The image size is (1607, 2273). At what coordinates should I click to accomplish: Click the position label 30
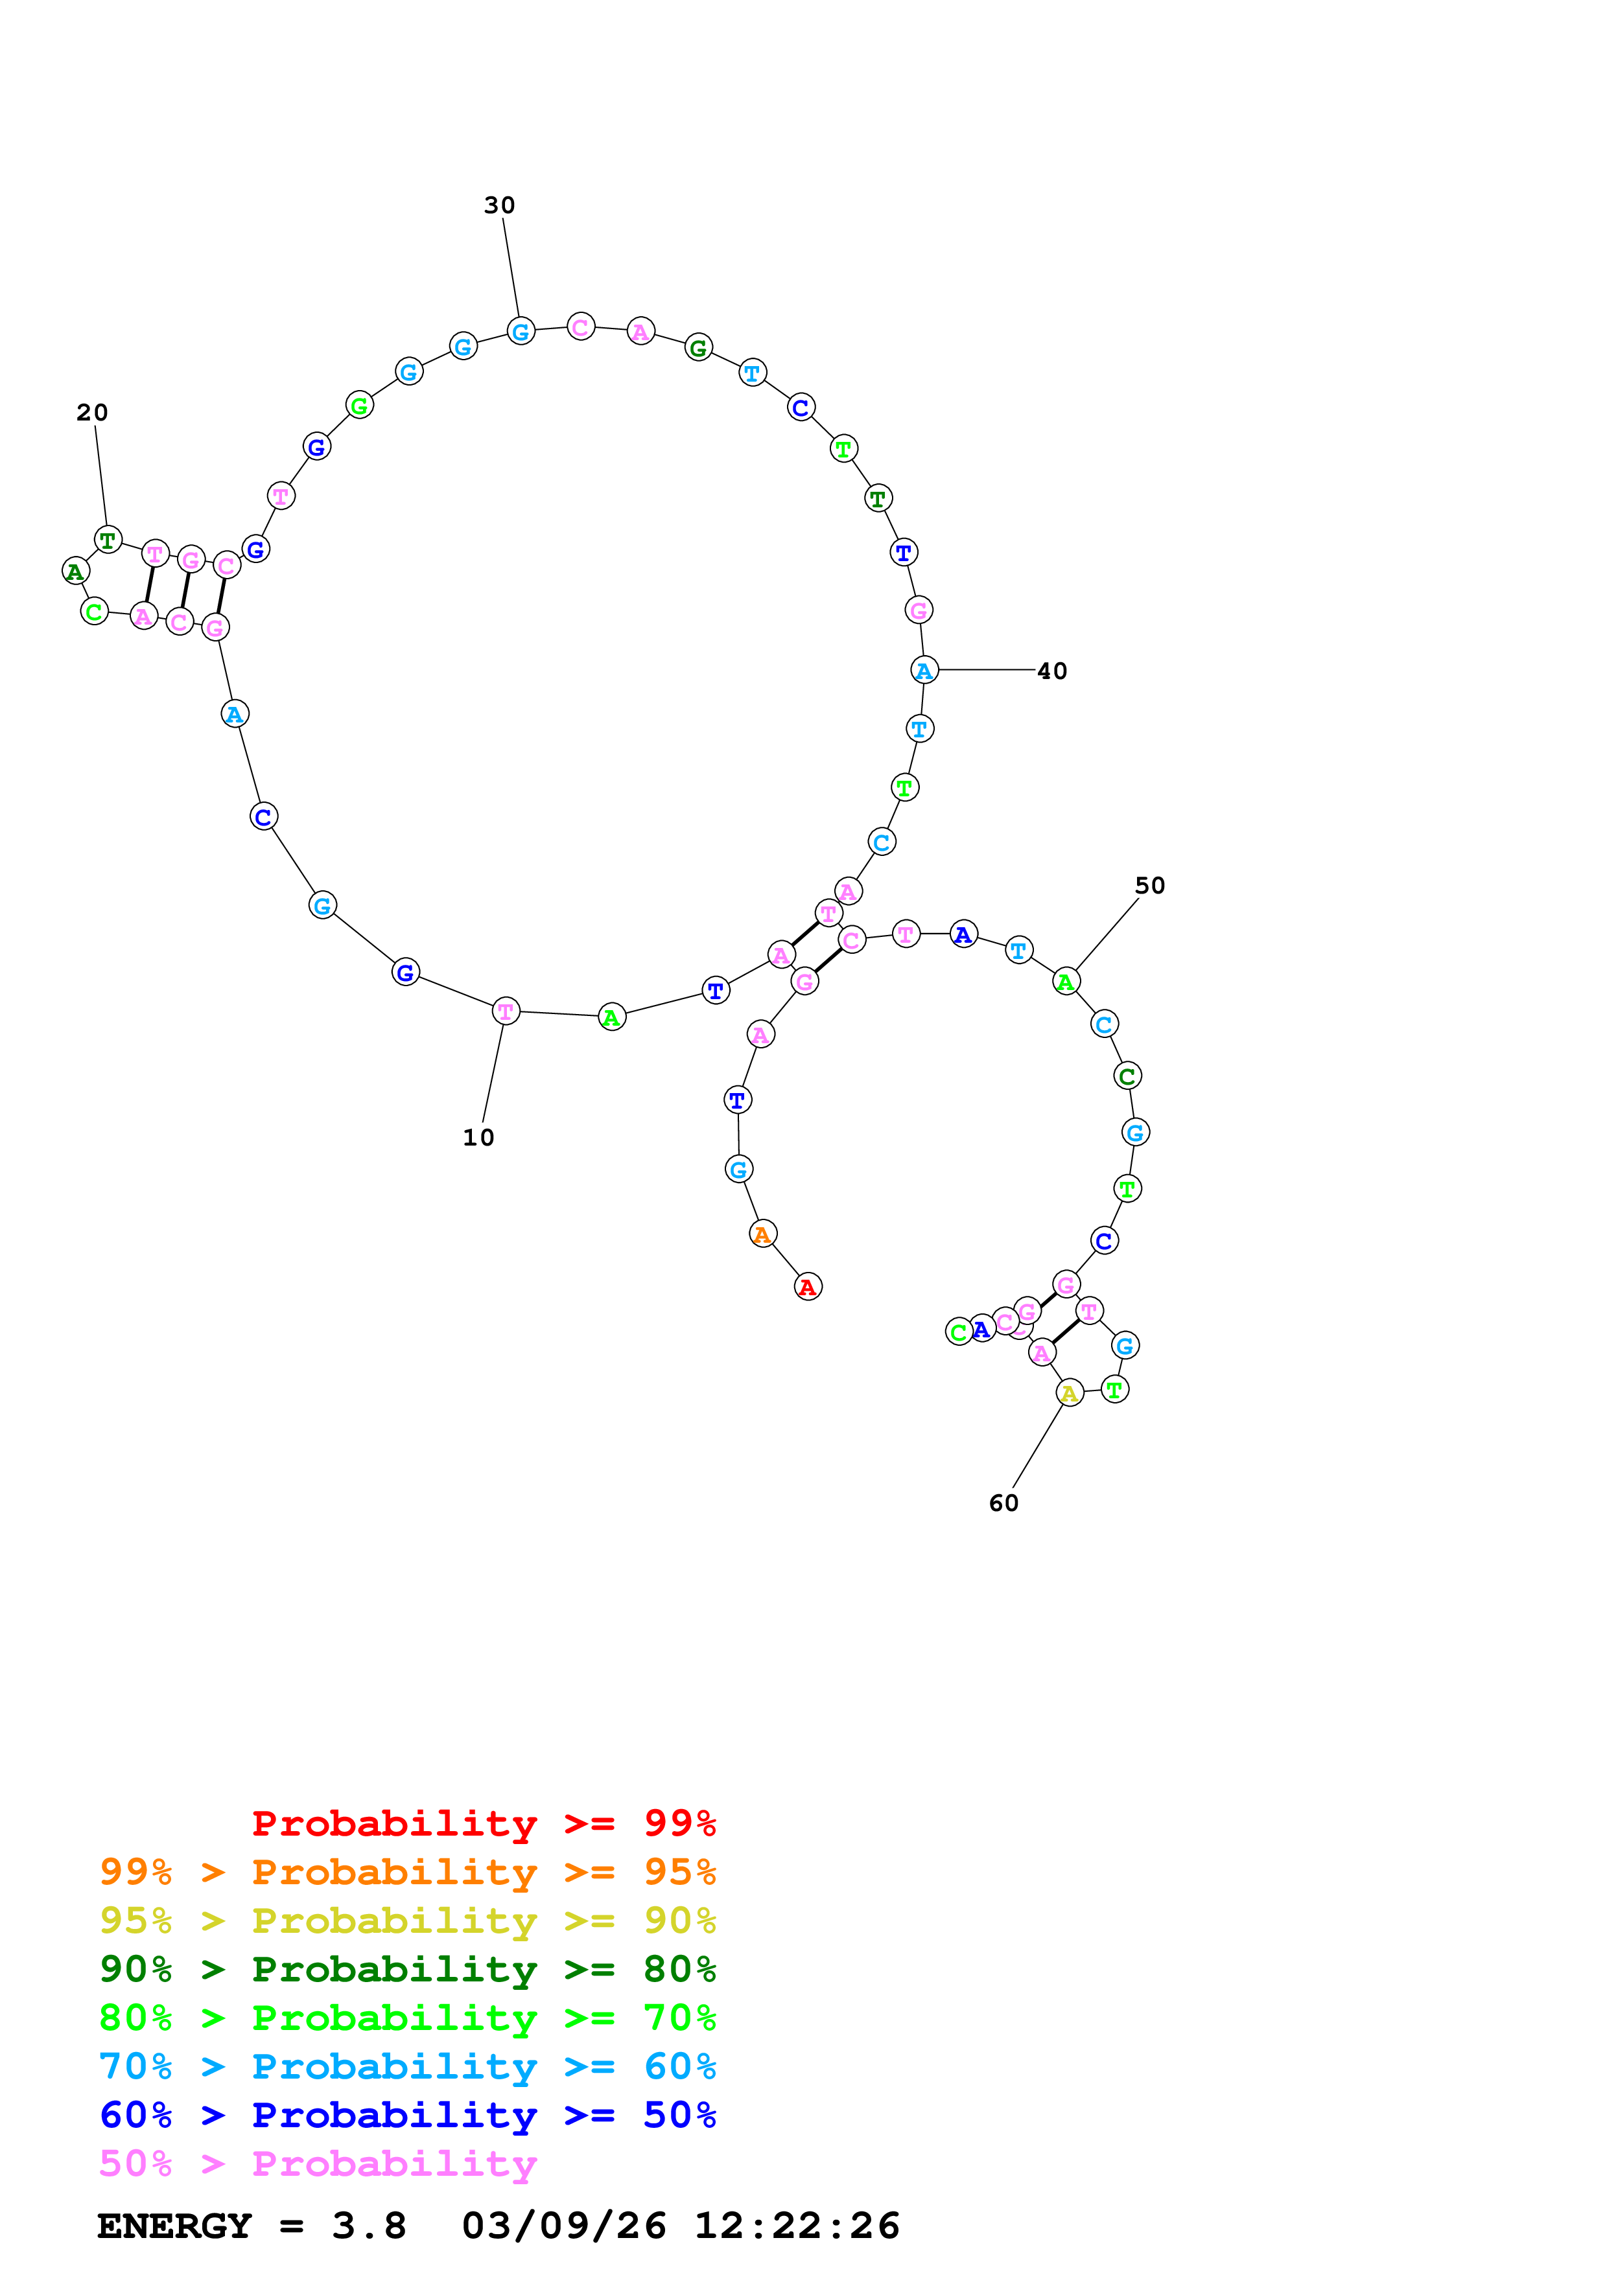click(499, 205)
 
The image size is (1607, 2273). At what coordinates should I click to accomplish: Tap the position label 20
click(92, 412)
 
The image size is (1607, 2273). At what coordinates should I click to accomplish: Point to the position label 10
click(478, 1138)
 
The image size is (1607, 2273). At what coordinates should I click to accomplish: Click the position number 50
click(1149, 885)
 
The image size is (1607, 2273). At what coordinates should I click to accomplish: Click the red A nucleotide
click(808, 1286)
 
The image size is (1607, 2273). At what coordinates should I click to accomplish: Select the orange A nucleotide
click(762, 1234)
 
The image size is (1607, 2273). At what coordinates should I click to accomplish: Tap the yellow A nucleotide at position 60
click(1070, 1393)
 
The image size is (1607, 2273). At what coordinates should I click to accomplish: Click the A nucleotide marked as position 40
click(924, 670)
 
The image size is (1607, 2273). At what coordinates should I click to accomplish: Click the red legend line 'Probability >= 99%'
click(483, 1823)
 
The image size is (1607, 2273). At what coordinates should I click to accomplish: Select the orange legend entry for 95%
click(407, 1872)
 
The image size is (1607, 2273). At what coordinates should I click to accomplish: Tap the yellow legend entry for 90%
click(407, 1921)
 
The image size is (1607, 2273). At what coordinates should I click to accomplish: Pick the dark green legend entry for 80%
click(407, 1969)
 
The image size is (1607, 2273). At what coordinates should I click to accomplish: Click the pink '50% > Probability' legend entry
click(318, 2163)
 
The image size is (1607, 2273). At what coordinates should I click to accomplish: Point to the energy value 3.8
click(368, 2226)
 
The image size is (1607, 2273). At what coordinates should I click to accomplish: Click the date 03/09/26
click(563, 2226)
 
